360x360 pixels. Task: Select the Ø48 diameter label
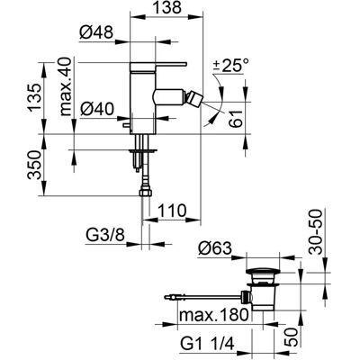pos(96,32)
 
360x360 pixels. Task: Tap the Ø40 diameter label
pos(96,109)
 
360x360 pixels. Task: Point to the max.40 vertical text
pos(66,86)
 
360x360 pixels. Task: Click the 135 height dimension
pos(34,97)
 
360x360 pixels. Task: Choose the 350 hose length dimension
pos(34,165)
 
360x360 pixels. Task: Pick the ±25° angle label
pos(231,65)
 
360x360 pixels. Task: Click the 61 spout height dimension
pos(237,118)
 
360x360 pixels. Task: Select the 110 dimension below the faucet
pos(172,211)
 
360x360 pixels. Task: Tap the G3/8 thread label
pos(105,236)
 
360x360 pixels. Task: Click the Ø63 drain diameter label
pos(215,248)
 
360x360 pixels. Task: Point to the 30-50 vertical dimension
pos(315,231)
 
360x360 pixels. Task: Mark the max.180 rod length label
pos(214,315)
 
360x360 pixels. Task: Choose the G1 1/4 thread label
pos(207,343)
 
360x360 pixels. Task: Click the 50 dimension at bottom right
pos(291,337)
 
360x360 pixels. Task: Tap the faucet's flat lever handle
pos(158,64)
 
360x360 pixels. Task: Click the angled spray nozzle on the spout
pos(193,98)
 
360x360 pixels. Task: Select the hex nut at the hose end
pos(146,192)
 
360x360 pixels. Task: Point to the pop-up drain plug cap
pos(263,272)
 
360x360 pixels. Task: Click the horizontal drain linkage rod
pos(204,297)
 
